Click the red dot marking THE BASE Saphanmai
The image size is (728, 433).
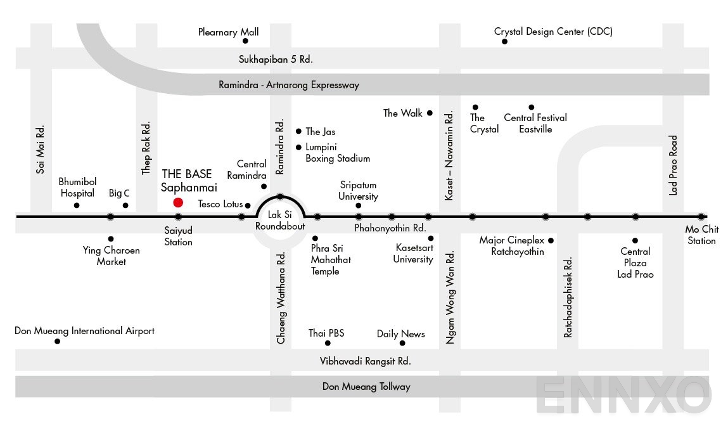point(178,203)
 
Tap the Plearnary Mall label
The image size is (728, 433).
point(228,32)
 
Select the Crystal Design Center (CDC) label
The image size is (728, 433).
point(553,31)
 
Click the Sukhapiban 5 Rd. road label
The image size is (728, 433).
point(276,60)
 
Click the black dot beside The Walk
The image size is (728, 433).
point(430,113)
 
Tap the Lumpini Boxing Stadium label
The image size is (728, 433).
point(337,153)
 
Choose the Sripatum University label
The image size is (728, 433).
point(358,191)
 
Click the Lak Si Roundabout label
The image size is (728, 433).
point(280,221)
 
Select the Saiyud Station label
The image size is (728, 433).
point(178,236)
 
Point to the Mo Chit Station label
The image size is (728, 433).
point(701,235)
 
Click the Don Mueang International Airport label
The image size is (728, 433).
point(85,331)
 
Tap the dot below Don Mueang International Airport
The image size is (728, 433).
point(57,341)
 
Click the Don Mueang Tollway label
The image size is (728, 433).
point(366,386)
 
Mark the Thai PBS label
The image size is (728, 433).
point(326,333)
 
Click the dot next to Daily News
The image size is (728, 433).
point(403,343)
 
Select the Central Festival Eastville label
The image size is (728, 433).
point(535,123)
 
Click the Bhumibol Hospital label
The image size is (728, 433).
point(77,188)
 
